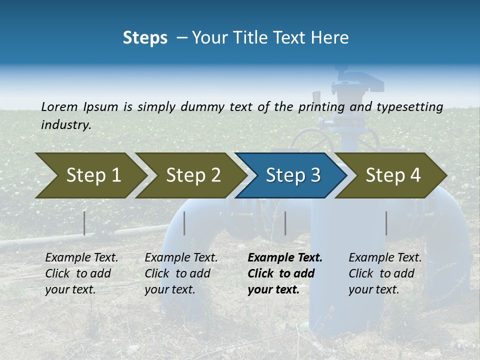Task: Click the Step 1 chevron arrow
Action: click(90, 175)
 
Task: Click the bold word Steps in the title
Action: click(145, 38)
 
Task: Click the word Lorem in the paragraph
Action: click(59, 107)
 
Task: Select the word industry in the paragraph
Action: click(66, 125)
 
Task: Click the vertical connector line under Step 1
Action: click(84, 223)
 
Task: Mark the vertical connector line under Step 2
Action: click(184, 223)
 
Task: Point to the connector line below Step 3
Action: click(285, 223)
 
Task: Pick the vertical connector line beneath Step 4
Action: click(386, 223)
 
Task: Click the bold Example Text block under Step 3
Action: click(284, 273)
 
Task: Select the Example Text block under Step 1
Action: click(81, 273)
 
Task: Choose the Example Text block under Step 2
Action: click(181, 273)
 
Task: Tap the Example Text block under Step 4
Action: click(385, 273)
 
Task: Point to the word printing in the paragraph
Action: click(321, 107)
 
